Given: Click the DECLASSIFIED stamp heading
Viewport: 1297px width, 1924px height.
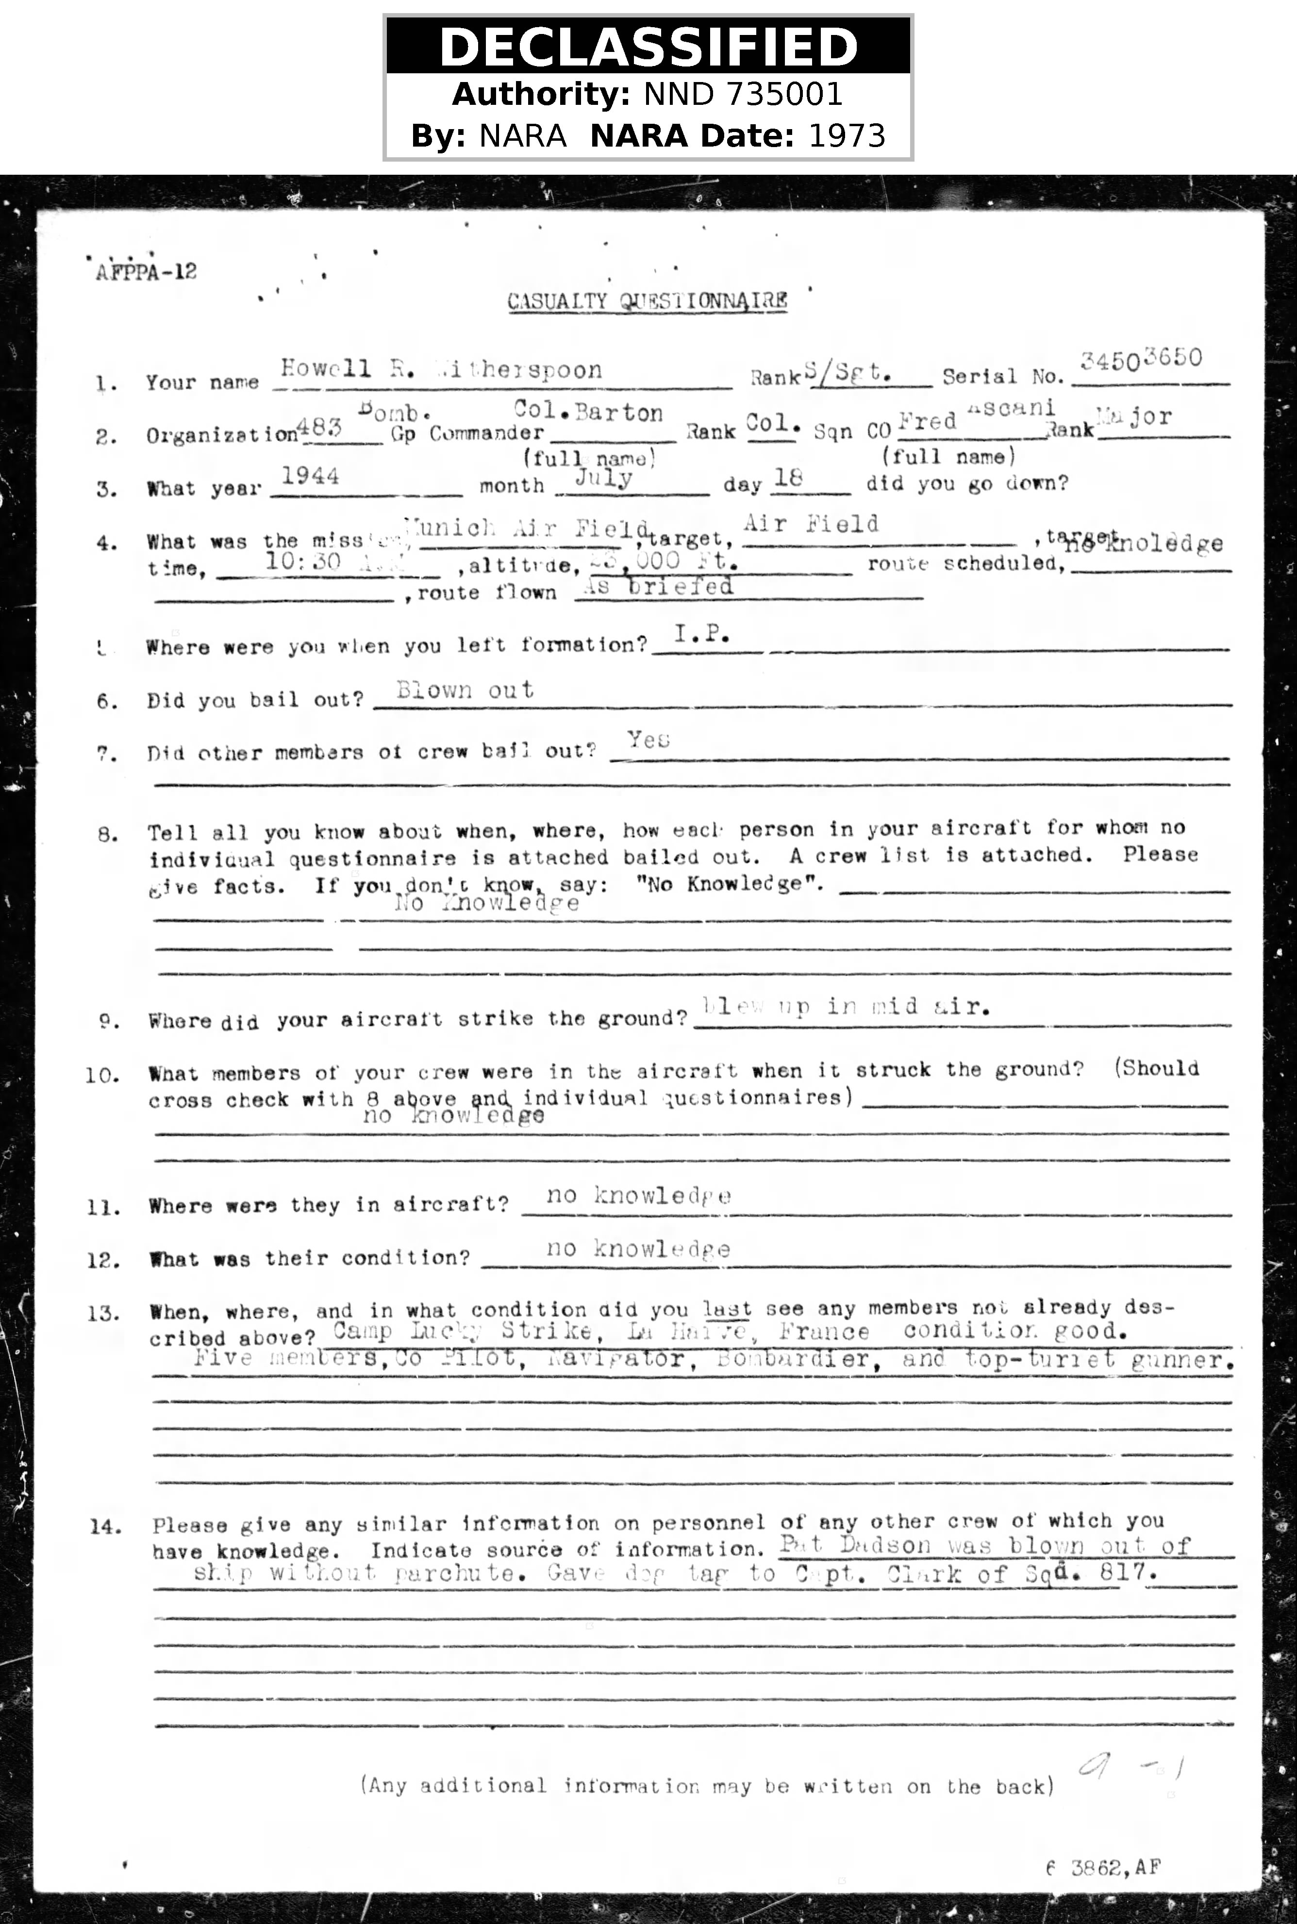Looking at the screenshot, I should click(x=648, y=47).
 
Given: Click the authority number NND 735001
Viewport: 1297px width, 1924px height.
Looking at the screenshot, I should click(x=742, y=94).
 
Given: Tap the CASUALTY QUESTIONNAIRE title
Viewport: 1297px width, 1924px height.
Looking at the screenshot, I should click(x=647, y=301).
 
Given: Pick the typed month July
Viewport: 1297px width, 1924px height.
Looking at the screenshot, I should click(x=604, y=478).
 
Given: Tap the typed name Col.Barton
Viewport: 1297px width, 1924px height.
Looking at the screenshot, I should click(x=588, y=412).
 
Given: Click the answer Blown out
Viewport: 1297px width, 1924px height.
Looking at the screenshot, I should click(x=465, y=690).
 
